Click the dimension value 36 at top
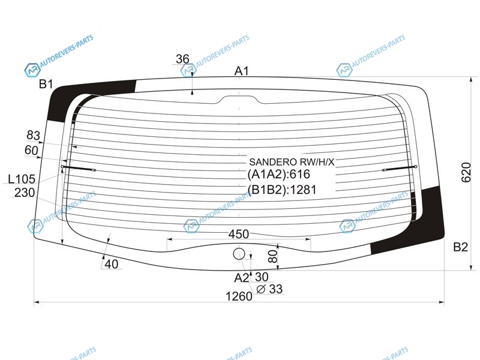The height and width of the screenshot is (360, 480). click(182, 59)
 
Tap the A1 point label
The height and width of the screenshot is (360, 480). click(242, 71)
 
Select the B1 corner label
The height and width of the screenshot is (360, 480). click(46, 84)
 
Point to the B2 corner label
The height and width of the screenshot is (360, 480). click(460, 247)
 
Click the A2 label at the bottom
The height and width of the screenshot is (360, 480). click(242, 278)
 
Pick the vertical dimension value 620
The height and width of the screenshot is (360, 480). click(466, 173)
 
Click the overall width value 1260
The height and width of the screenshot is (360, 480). click(239, 296)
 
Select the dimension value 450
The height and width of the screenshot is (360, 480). click(238, 234)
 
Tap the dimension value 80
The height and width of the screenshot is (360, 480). click(272, 256)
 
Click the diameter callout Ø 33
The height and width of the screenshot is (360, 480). click(269, 289)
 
